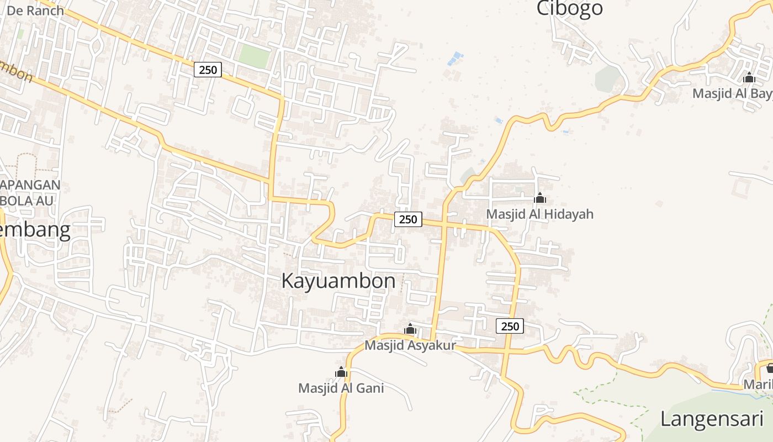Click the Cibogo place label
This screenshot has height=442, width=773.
(570, 8)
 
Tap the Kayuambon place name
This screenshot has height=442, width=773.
(338, 281)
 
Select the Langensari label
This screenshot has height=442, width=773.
(712, 418)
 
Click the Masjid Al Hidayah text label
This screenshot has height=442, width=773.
(539, 214)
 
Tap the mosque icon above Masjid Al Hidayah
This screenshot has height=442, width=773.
(540, 198)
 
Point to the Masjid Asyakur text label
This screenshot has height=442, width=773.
(410, 345)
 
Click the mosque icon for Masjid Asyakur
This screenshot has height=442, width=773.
(410, 329)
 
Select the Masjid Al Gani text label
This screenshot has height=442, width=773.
(341, 388)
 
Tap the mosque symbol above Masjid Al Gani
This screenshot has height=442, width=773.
(341, 372)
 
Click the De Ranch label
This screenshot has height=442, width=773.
(35, 10)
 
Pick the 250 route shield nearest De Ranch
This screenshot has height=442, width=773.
(208, 70)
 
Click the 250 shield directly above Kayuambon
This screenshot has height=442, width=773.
(408, 219)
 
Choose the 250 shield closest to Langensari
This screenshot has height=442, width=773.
(510, 326)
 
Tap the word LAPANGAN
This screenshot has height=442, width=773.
(30, 185)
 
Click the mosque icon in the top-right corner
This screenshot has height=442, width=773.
(749, 77)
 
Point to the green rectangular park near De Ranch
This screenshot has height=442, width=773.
(253, 56)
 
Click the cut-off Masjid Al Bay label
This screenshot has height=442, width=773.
(732, 93)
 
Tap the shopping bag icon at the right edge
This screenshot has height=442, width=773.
(770, 367)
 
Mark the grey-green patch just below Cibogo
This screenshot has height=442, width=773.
(607, 78)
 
